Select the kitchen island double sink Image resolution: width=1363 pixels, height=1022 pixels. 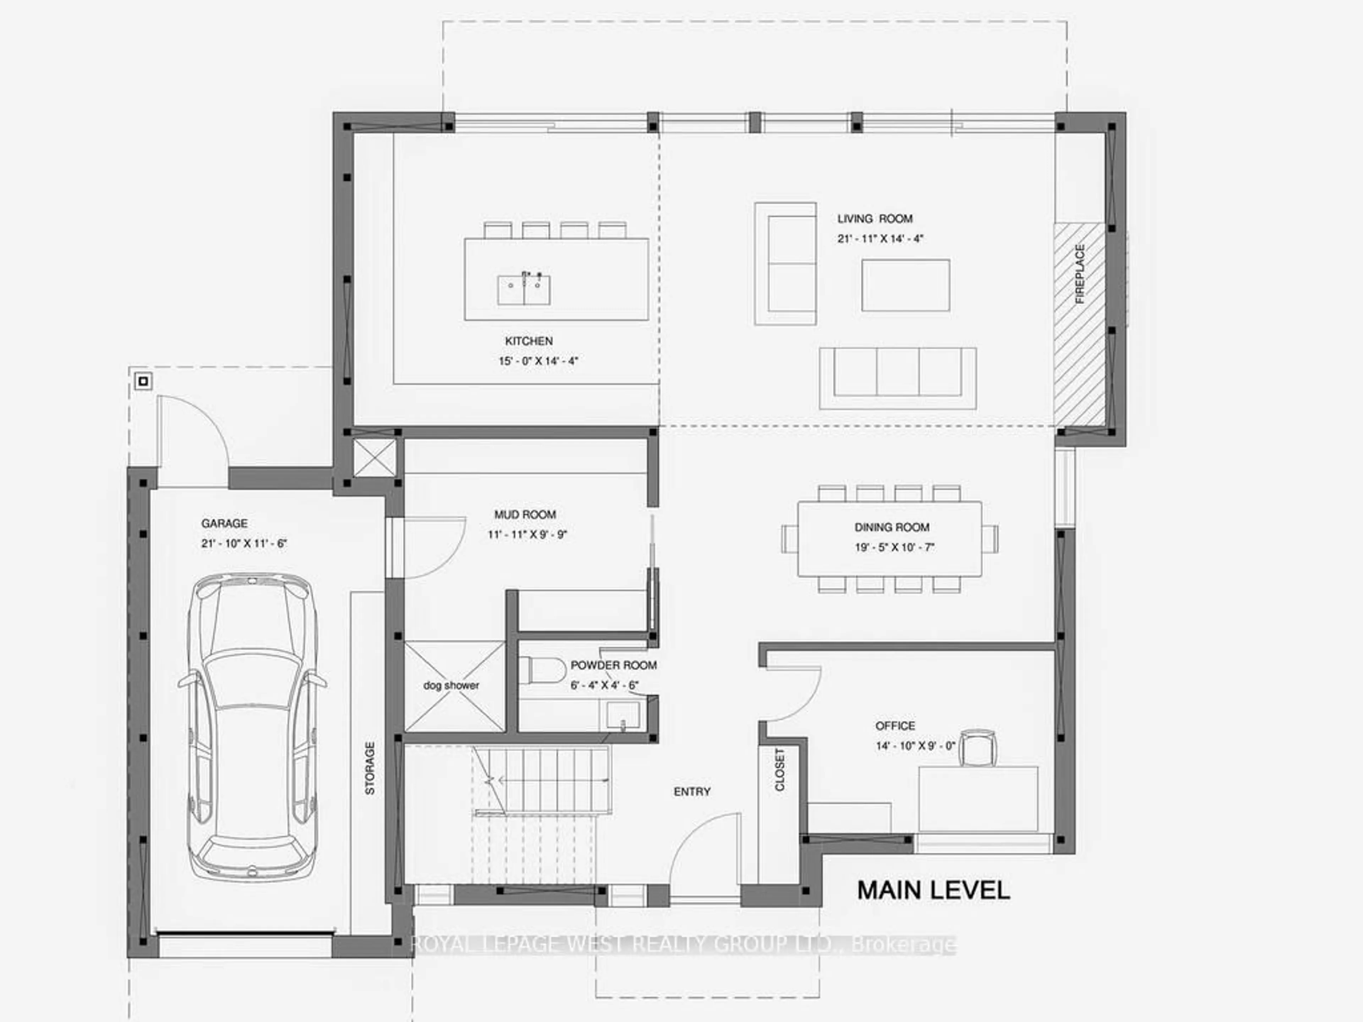click(x=524, y=290)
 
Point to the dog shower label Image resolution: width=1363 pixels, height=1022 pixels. click(x=451, y=685)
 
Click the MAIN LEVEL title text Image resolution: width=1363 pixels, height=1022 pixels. click(x=934, y=890)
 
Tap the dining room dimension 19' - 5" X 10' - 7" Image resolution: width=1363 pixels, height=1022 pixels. click(x=895, y=547)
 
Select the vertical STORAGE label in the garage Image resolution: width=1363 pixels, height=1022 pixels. click(x=370, y=768)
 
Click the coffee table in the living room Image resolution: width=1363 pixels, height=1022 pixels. click(x=905, y=285)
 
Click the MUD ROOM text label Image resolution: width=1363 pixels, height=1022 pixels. click(x=525, y=515)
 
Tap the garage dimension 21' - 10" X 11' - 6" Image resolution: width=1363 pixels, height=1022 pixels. click(x=244, y=543)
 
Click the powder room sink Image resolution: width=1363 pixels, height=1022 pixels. click(x=622, y=716)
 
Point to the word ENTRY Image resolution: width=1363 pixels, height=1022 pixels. click(x=692, y=792)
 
